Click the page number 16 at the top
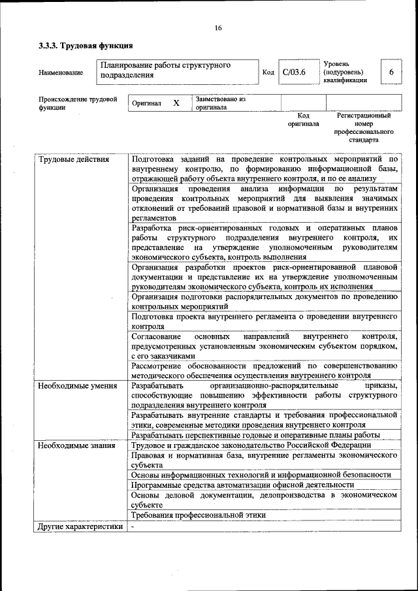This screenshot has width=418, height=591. [218, 27]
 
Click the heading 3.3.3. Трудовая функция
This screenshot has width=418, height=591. [86, 46]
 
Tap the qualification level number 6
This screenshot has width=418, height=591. [391, 72]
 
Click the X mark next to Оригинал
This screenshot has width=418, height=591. [176, 103]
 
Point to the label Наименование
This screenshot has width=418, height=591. [61, 72]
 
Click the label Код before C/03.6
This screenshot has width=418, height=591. [268, 72]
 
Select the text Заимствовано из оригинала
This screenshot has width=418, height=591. [219, 103]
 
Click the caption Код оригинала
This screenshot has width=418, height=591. [303, 119]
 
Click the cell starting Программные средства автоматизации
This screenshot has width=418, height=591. [242, 485]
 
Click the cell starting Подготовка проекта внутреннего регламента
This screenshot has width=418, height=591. [263, 321]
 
